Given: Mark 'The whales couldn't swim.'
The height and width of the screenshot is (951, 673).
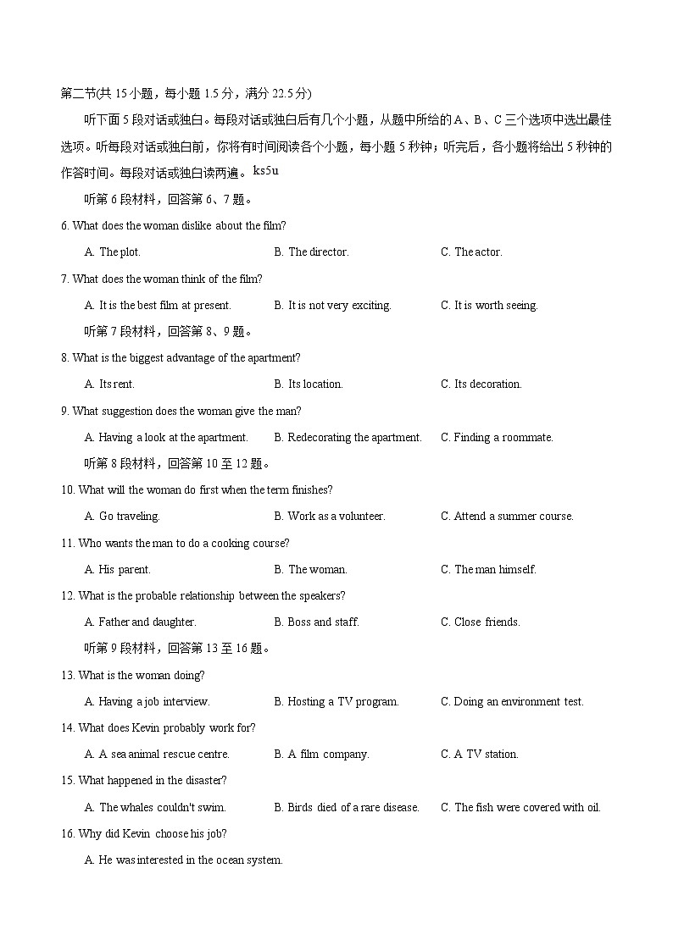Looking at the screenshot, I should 162,807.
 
